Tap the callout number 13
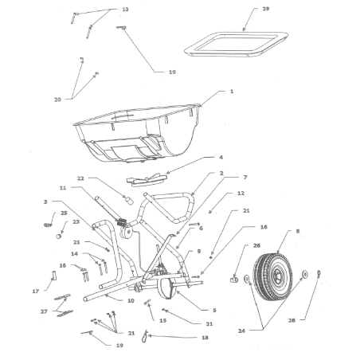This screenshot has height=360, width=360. coord(124,9)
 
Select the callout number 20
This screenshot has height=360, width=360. coord(57,100)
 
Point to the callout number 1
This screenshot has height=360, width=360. coord(232,92)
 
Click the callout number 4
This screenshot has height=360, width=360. coord(221,158)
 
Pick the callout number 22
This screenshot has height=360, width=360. coord(80,178)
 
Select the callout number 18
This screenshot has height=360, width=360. coord(205,337)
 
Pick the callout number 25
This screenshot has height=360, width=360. coord(64,213)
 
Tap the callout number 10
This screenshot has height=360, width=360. coord(130,300)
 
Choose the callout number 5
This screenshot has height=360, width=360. coord(214,309)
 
